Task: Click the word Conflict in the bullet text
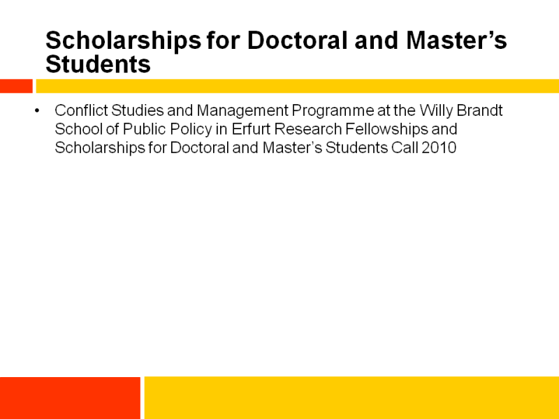(x=81, y=110)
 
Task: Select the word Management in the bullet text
(x=242, y=111)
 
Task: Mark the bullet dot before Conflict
(x=37, y=111)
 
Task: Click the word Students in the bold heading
(x=98, y=64)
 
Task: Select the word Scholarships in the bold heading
(x=124, y=41)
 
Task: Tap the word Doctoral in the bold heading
(x=298, y=41)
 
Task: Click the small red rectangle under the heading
(x=16, y=86)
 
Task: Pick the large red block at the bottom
(x=70, y=397)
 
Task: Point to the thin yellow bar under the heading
(x=298, y=86)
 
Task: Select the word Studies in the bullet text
(x=137, y=110)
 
